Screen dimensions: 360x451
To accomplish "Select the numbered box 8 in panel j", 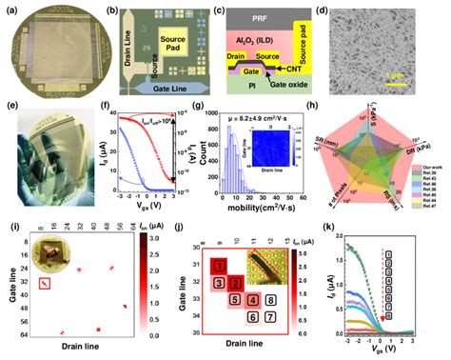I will (x=270, y=302).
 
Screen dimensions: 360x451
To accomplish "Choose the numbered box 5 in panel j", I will (x=234, y=300).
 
